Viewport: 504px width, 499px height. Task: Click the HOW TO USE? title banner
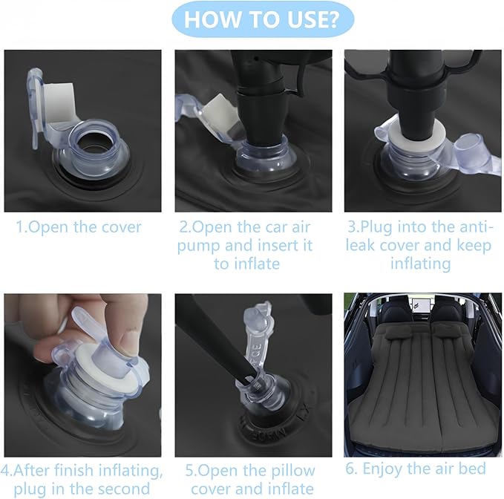263,19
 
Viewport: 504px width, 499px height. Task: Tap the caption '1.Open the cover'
79,227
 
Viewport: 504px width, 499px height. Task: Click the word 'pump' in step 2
198,246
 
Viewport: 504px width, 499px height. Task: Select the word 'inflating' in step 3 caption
420,264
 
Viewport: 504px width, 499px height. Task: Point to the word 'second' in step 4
124,489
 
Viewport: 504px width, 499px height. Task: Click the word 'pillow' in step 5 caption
293,471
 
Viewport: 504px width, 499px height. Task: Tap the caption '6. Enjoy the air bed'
416,469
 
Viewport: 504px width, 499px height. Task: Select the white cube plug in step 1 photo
59,100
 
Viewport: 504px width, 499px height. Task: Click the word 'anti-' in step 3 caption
475,226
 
